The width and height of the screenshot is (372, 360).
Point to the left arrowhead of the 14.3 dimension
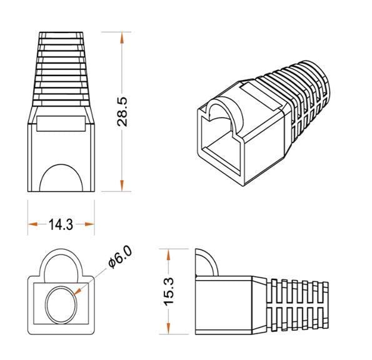(x=32, y=224)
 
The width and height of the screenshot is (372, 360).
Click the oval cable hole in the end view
(x=61, y=301)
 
